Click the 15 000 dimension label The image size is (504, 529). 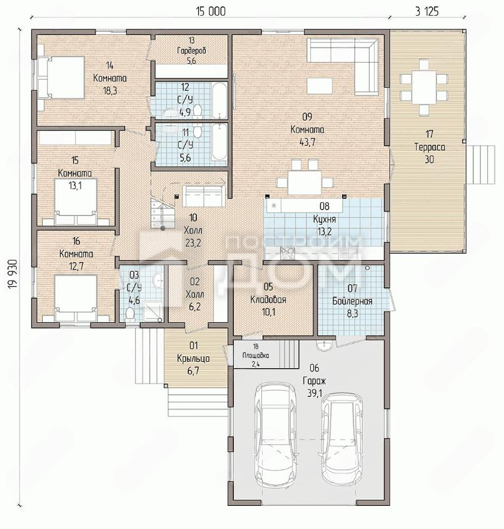211,11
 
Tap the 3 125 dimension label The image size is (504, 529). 427,11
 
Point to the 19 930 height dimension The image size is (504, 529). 13,274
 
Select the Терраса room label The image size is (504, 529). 429,147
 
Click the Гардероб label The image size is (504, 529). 191,51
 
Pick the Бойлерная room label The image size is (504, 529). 353,301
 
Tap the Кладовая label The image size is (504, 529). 268,300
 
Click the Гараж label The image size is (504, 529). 314,381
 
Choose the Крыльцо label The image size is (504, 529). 193,358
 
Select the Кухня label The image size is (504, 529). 325,219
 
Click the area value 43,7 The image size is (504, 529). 307,142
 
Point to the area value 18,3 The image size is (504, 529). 110,91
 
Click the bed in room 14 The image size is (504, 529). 61,78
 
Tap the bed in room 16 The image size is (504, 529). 76,299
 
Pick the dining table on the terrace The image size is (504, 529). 424,87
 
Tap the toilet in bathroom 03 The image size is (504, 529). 129,314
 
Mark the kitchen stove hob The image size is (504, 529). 288,253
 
